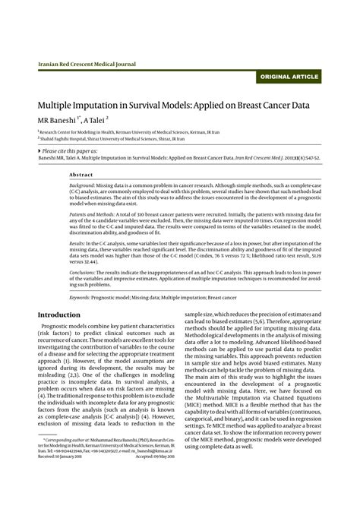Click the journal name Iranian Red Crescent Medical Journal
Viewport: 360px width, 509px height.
coord(87,65)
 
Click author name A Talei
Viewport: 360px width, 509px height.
coord(95,119)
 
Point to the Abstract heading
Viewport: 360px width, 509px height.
coord(81,174)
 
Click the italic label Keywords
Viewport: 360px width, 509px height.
coord(80,297)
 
